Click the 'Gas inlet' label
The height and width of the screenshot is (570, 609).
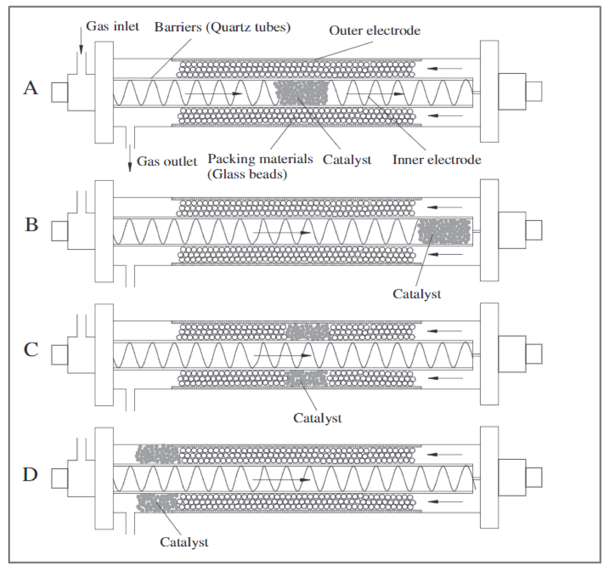click(112, 27)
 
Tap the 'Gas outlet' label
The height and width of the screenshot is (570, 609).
click(167, 161)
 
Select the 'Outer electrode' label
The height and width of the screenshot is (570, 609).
click(375, 31)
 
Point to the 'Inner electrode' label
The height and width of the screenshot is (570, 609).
click(437, 160)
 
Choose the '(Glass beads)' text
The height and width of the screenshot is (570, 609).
click(247, 174)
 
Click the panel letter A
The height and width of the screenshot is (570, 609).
click(31, 88)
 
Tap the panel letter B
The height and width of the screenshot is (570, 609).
click(32, 225)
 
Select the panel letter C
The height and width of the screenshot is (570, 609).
click(31, 349)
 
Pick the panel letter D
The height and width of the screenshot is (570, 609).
click(30, 474)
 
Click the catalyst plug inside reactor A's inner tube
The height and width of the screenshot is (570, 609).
click(301, 93)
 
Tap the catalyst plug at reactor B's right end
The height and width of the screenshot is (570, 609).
click(444, 231)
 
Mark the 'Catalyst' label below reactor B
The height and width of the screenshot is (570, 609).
click(417, 294)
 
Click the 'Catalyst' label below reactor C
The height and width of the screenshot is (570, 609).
click(317, 418)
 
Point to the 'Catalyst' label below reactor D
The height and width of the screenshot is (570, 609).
click(184, 542)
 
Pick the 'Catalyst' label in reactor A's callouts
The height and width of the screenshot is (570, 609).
click(347, 160)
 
